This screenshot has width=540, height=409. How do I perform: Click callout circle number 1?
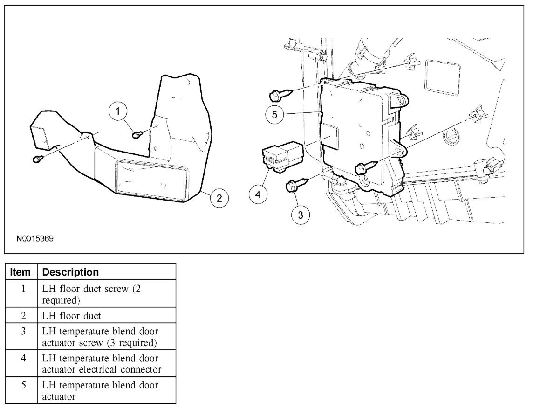118,111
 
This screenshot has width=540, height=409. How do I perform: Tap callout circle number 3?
301,215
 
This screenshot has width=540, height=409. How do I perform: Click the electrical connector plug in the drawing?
281,156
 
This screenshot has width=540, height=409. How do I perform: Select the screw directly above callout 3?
295,186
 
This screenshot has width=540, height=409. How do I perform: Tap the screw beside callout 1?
137,134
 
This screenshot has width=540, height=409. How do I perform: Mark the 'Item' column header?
21,272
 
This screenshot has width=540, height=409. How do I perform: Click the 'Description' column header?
71,272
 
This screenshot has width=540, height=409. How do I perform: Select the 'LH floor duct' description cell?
107,316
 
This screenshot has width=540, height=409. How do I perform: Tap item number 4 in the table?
23,358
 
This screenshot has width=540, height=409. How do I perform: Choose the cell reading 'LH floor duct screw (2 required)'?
107,294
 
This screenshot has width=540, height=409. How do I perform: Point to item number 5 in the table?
23,385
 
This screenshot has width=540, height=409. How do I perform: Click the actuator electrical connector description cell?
107,364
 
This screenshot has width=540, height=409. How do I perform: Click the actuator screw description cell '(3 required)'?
107,337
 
